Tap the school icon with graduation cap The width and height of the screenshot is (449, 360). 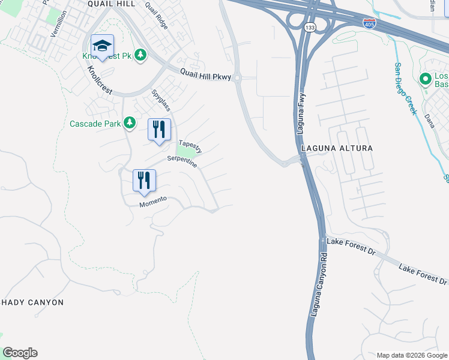click(x=103, y=46)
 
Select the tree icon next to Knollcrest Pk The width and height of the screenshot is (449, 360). click(x=141, y=55)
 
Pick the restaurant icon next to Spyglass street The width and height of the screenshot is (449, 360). click(x=159, y=130)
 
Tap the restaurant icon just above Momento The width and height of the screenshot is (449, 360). click(x=144, y=181)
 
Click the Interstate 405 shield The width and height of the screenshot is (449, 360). click(x=370, y=23)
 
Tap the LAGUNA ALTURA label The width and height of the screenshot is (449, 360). click(x=337, y=148)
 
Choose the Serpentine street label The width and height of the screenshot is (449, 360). click(x=182, y=161)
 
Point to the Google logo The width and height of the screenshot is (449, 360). click(x=20, y=353)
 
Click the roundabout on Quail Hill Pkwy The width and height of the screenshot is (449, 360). click(x=237, y=77)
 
